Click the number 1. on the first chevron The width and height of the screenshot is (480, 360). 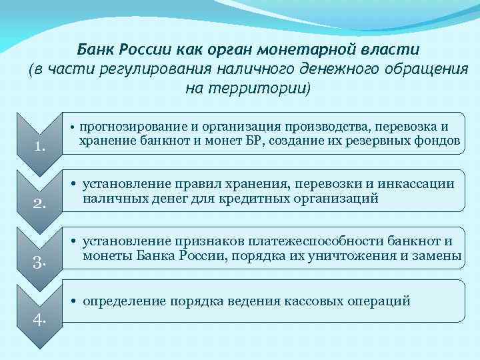click(39, 147)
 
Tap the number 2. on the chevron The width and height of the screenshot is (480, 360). click(39, 205)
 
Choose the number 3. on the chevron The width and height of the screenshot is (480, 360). click(39, 262)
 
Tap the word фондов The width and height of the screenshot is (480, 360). click(440, 141)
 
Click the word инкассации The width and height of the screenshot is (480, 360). click(419, 184)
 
